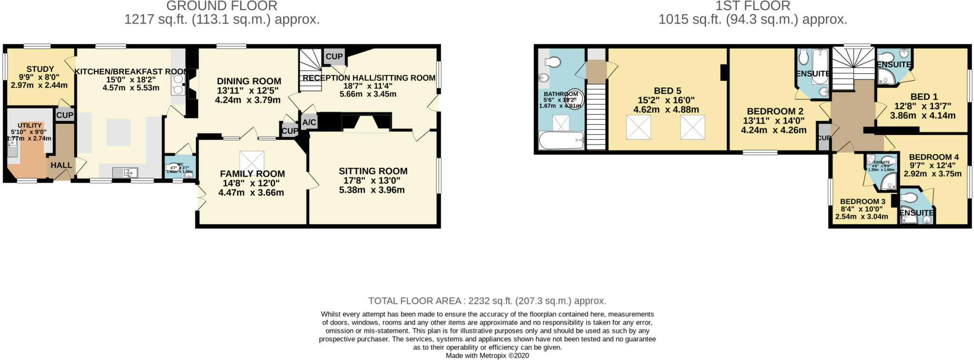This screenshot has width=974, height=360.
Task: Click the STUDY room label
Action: coord(40,69)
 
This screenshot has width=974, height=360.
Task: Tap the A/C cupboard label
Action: coord(309,123)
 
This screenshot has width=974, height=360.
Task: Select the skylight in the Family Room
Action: coord(252,160)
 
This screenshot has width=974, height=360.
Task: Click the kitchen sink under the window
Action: coord(125,172)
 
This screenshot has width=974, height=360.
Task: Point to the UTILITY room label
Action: coord(29,126)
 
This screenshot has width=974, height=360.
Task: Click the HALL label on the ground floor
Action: coord(61,165)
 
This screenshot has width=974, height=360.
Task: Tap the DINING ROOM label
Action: coord(249,81)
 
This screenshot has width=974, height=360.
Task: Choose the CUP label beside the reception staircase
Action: coord(334,57)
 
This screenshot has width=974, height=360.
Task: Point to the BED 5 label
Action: coord(667,91)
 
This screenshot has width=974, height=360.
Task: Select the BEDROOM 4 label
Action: coord(934,157)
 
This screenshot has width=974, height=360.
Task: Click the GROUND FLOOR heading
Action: coord(222,6)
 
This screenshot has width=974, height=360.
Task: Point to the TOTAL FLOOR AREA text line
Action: coord(487,301)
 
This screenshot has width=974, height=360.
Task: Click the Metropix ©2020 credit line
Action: coord(487,355)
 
